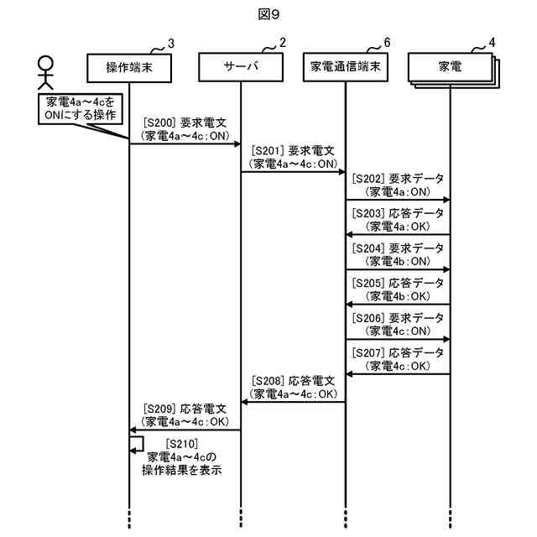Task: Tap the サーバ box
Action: point(241,66)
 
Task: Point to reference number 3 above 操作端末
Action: point(170,43)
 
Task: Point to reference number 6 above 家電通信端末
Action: point(387,43)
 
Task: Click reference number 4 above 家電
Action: point(492,43)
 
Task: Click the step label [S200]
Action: point(159,123)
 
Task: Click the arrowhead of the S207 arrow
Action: point(351,374)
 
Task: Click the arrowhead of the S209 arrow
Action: point(134,430)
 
